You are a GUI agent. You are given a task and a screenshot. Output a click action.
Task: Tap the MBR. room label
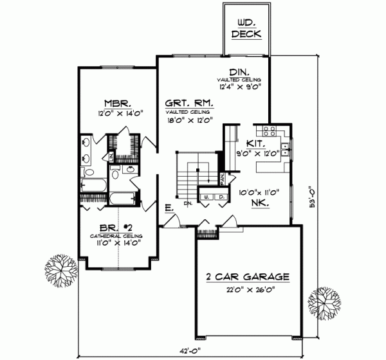pos(118,103)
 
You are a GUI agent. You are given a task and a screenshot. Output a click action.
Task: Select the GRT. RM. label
pos(189,103)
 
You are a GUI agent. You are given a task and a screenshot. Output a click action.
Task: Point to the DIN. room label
pos(239,71)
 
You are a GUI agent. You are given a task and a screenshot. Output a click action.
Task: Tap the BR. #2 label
pos(116,228)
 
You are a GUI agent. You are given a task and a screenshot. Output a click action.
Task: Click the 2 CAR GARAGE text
pos(248,277)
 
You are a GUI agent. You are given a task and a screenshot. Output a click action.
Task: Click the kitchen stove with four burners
pos(271,133)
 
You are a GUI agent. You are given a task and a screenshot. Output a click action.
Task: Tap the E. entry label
pos(167,209)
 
